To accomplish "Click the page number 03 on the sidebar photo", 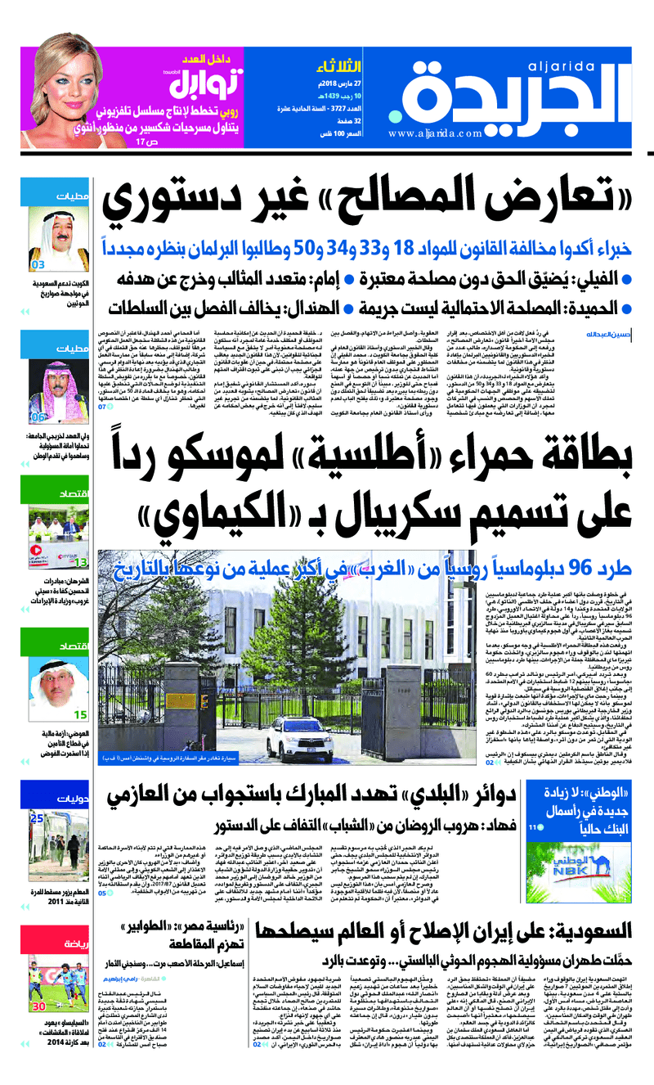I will (x=38, y=265).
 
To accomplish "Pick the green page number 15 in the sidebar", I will (x=81, y=714).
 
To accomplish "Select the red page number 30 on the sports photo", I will (x=38, y=1000).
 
